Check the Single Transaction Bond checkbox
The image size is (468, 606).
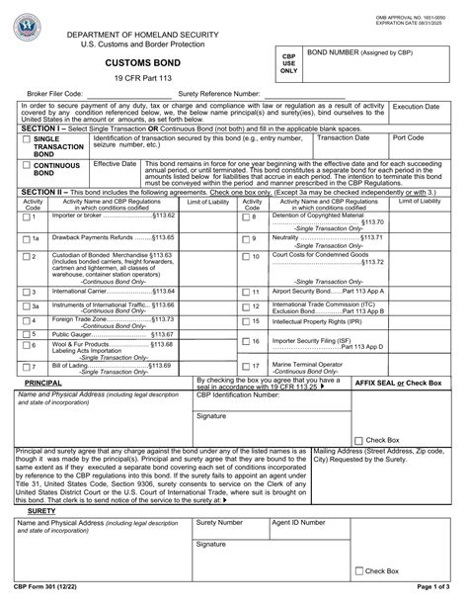pos(26,140)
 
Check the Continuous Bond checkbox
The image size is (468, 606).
pos(26,166)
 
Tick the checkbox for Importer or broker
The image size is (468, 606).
pos(26,216)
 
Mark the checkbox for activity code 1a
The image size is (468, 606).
pos(26,238)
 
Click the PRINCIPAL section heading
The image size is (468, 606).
pos(43,382)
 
